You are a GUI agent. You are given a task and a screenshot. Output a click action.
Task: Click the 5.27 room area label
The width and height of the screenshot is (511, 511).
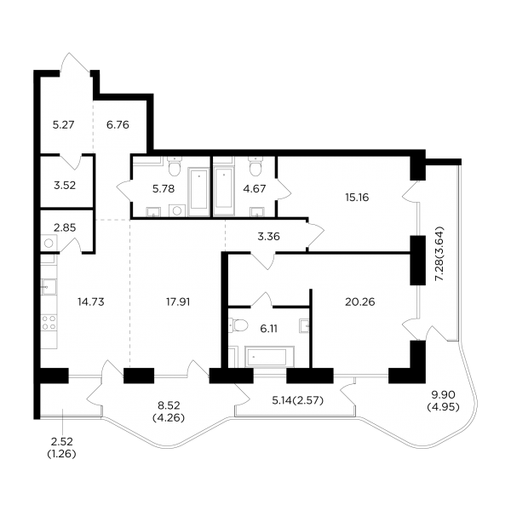coord(64,125)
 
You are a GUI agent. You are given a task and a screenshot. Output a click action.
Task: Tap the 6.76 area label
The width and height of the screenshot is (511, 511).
coord(118,125)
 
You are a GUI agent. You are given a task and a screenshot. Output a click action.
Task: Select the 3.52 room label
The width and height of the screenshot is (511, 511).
coord(65,186)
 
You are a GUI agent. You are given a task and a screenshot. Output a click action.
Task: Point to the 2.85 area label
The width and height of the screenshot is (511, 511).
coord(65,227)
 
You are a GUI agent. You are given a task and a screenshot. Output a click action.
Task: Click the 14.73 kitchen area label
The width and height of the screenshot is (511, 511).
coord(91,302)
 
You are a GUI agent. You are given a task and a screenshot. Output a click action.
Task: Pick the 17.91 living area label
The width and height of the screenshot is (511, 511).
coord(178,302)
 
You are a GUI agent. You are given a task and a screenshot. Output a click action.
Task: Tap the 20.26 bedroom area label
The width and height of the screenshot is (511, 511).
coord(359,302)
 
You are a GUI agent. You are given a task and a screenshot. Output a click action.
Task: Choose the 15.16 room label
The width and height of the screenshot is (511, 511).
coord(357,198)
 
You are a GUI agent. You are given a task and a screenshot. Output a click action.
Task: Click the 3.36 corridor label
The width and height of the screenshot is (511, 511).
coord(268,237)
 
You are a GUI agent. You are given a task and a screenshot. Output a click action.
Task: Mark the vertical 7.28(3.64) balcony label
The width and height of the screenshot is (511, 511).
coord(439,253)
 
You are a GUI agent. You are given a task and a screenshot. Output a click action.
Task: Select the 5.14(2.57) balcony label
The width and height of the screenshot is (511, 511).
coord(297,400)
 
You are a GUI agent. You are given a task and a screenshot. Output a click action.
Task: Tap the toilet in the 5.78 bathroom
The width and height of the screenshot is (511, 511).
coord(175,167)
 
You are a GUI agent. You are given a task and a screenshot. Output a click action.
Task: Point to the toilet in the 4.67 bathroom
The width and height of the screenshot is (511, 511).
coord(255,167)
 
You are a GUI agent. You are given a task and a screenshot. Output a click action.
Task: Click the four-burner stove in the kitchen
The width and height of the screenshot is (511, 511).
coord(49,323)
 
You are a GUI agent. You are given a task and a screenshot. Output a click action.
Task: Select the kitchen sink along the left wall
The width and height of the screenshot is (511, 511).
coord(49,287)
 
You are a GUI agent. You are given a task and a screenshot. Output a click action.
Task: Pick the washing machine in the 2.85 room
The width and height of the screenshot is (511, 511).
coord(49,243)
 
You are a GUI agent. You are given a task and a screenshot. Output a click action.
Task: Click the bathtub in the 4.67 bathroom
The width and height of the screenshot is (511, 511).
coord(224,191)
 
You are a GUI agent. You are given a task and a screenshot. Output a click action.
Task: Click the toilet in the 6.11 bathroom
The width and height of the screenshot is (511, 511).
coord(238,325)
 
